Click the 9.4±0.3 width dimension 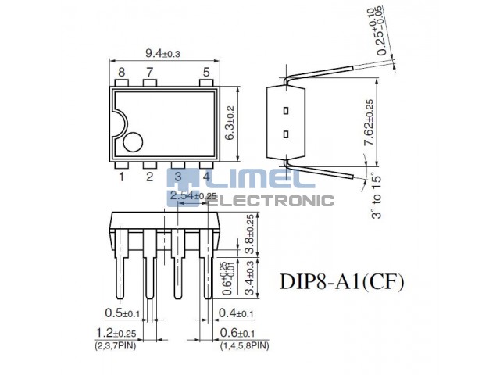162,53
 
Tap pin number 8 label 122,73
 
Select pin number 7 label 150,73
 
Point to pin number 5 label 206,73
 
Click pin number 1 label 122,177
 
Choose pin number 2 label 150,177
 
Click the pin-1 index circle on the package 132,143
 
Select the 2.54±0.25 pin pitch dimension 192,196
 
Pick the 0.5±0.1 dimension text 122,313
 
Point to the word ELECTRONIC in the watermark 273,201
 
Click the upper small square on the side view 287,110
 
